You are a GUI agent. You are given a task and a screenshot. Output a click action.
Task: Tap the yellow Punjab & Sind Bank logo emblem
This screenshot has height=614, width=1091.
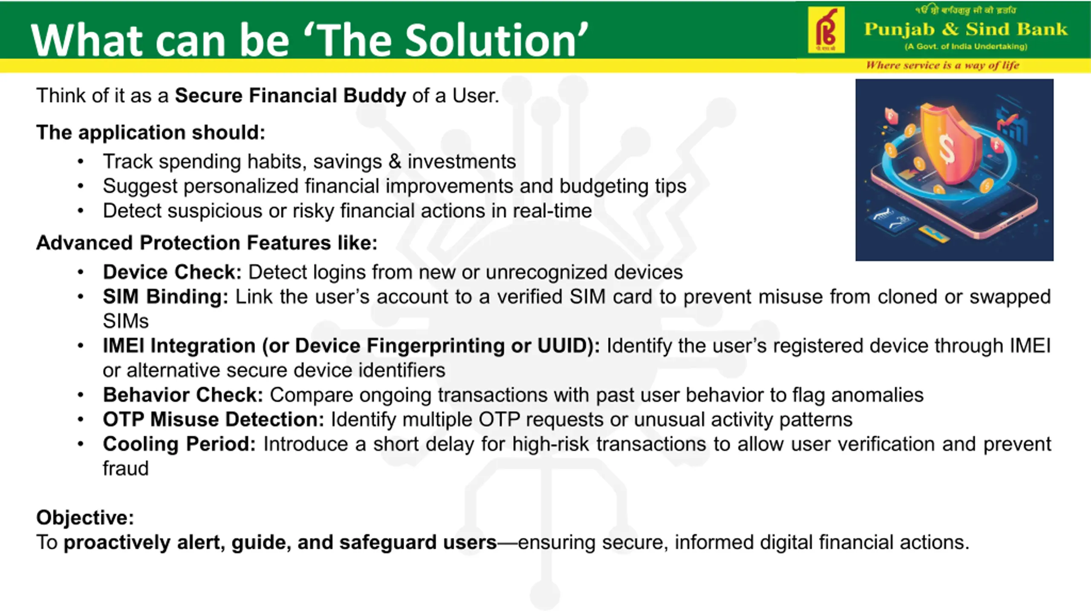tap(826, 30)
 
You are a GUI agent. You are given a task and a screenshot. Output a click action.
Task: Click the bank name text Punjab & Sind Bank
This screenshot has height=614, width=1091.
tap(966, 29)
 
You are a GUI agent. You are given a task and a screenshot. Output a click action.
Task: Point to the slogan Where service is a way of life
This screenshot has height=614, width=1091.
tap(943, 65)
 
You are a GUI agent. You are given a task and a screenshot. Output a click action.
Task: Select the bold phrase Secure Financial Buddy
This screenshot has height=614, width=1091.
tap(290, 95)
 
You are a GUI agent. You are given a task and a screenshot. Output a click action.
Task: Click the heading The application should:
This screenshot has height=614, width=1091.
tap(151, 132)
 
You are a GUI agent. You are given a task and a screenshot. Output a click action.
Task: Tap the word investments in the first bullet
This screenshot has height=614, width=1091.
tap(462, 162)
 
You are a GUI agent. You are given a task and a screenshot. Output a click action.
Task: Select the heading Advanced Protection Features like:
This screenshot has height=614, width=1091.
tap(207, 243)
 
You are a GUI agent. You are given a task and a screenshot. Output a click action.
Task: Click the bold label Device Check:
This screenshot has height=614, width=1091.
tap(172, 272)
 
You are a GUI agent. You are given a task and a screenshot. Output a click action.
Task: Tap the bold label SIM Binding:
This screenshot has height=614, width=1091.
tap(165, 297)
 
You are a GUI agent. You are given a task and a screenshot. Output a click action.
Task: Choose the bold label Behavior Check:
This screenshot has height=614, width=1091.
tap(183, 395)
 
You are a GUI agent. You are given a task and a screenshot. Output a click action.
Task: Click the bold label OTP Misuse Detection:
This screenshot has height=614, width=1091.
tap(214, 420)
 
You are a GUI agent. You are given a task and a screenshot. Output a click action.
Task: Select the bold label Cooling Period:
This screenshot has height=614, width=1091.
tap(179, 444)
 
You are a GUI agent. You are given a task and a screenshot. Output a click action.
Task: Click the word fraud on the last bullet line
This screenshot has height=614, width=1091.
tap(126, 469)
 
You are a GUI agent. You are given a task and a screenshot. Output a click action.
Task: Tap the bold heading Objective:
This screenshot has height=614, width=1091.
tap(85, 518)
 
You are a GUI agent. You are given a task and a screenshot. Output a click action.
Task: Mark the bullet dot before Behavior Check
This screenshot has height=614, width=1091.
tap(81, 395)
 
